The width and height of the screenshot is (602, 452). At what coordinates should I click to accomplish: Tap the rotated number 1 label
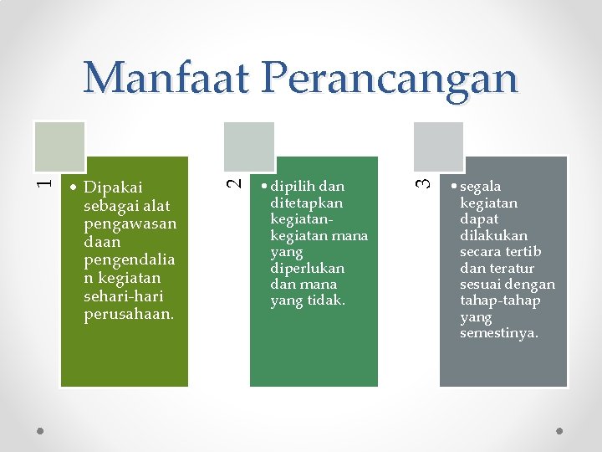click(x=48, y=178)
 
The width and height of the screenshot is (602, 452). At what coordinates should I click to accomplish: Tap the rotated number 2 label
click(x=237, y=178)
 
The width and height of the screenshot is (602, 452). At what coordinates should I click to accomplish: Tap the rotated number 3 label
click(x=426, y=178)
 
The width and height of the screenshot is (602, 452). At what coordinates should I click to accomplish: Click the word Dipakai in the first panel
click(x=114, y=187)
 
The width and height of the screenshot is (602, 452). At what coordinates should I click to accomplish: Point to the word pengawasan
click(x=130, y=223)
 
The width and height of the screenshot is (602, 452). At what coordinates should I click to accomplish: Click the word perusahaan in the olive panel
click(x=128, y=315)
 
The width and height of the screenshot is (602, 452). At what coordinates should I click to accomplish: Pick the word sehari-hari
click(x=124, y=296)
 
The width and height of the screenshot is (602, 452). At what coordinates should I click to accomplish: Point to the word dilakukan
click(x=493, y=235)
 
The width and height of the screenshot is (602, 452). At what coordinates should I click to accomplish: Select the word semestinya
click(x=499, y=333)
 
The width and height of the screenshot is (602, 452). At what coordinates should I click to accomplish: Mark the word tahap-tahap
click(x=500, y=300)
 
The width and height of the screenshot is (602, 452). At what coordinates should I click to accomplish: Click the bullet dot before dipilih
click(x=263, y=187)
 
